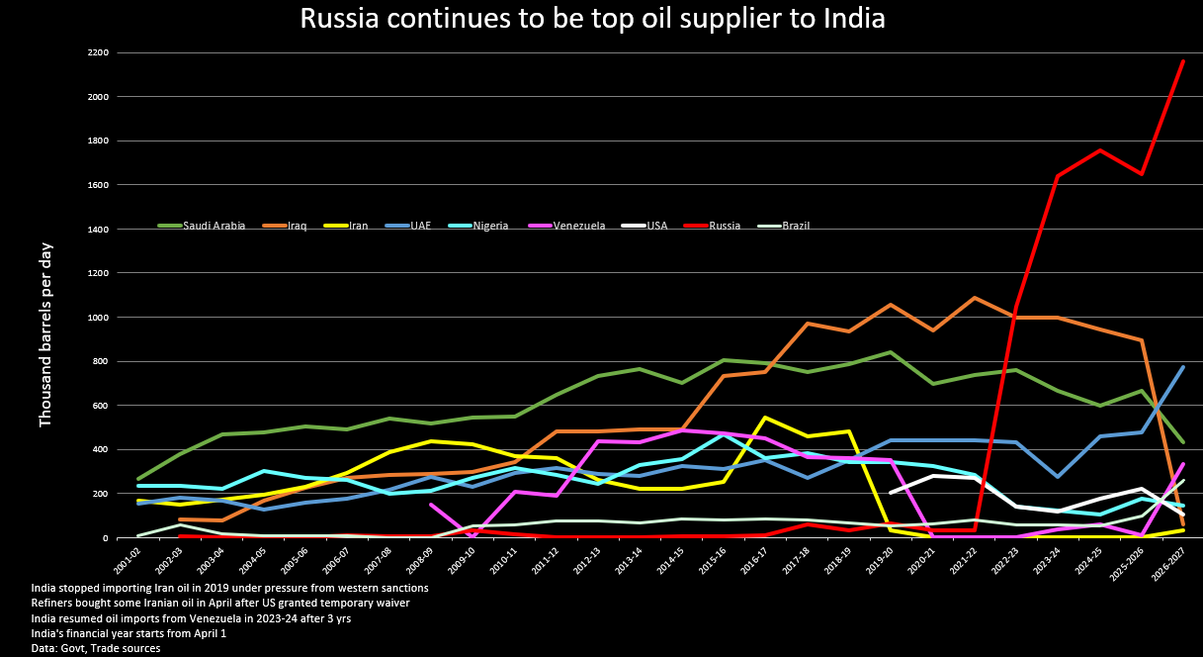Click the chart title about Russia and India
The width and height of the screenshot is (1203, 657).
click(x=592, y=18)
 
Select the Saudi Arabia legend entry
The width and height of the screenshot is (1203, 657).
click(x=202, y=226)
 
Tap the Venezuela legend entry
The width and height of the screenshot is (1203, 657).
click(x=566, y=226)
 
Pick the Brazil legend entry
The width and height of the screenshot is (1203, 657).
click(x=783, y=226)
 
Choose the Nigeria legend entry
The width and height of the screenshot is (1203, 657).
click(x=478, y=226)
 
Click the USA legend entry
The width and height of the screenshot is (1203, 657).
click(x=644, y=226)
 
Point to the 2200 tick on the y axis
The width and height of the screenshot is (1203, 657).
click(x=99, y=52)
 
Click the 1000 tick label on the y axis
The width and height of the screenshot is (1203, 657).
click(x=99, y=318)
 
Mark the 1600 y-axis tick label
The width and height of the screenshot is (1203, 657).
click(x=99, y=185)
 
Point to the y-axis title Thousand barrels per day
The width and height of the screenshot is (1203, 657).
click(x=45, y=335)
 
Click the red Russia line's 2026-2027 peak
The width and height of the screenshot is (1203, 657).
click(x=1183, y=61)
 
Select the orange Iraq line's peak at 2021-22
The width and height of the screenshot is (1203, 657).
click(x=975, y=297)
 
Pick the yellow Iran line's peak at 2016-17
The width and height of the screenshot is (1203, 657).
click(x=765, y=418)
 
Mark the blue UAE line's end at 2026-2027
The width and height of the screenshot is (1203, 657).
click(x=1183, y=367)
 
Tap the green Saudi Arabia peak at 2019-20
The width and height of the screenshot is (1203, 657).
click(x=891, y=352)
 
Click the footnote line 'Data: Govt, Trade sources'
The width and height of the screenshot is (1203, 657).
click(x=96, y=648)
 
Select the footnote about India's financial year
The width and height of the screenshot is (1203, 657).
click(x=129, y=633)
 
